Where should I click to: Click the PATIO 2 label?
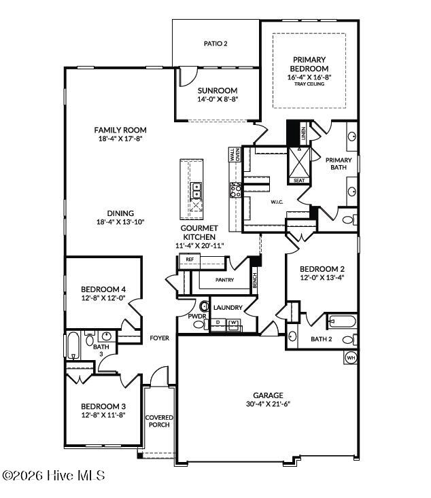216,44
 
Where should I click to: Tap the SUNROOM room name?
217,90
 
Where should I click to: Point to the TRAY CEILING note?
309,84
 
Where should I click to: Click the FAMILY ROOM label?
120,130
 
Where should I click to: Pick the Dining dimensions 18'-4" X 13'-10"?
120,221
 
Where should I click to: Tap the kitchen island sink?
196,188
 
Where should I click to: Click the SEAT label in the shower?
298,181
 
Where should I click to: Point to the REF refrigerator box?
188,260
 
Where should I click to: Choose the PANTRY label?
224,279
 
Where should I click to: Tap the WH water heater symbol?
351,357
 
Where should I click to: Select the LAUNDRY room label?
227,308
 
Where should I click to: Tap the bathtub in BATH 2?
341,321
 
